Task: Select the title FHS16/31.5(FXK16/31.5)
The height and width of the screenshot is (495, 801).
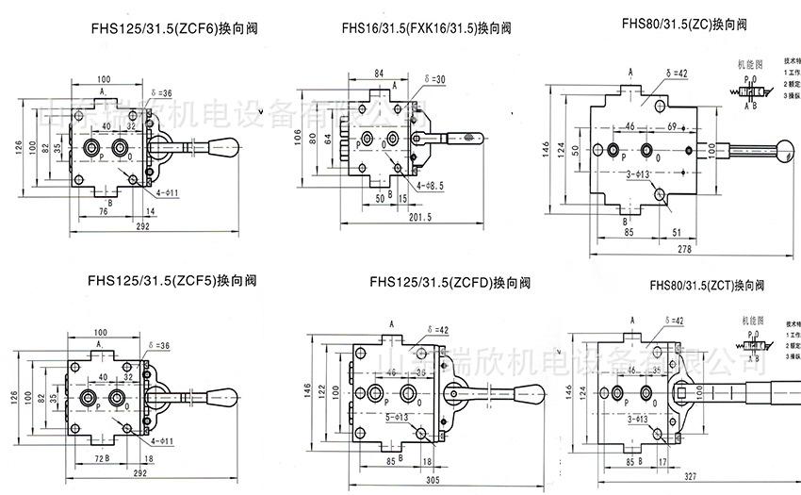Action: [x=428, y=29]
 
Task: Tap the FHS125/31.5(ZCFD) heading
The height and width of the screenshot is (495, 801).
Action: [x=450, y=281]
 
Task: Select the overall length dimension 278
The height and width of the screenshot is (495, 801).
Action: [x=685, y=248]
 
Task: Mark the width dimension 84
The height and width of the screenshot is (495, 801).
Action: [x=379, y=73]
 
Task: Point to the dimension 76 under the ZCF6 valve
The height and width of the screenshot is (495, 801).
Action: [x=102, y=213]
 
